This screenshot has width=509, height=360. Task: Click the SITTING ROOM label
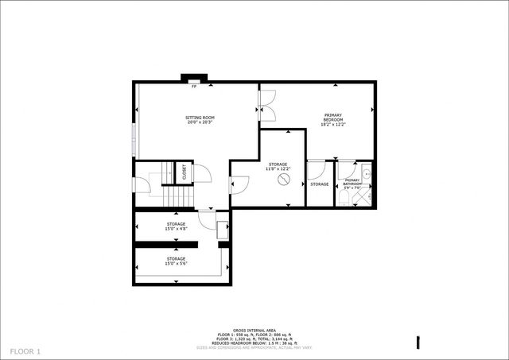point(200,118)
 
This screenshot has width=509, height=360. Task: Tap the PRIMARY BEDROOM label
point(333,117)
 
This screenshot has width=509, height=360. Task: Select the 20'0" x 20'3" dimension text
point(200,122)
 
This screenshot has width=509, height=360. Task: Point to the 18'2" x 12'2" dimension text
point(333,124)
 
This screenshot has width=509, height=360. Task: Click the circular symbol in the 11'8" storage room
point(282,180)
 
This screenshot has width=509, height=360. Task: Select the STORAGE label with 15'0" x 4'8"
point(176,224)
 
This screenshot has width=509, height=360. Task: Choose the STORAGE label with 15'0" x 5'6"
point(176,258)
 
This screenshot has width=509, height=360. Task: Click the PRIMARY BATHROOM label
point(352,183)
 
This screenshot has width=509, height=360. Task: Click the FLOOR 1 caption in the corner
point(25,350)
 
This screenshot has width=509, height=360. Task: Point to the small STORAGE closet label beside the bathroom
point(320,184)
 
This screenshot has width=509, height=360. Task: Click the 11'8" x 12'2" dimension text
point(278,168)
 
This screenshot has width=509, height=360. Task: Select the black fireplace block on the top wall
point(193,78)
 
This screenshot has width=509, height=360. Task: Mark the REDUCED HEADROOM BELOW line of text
point(254,343)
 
